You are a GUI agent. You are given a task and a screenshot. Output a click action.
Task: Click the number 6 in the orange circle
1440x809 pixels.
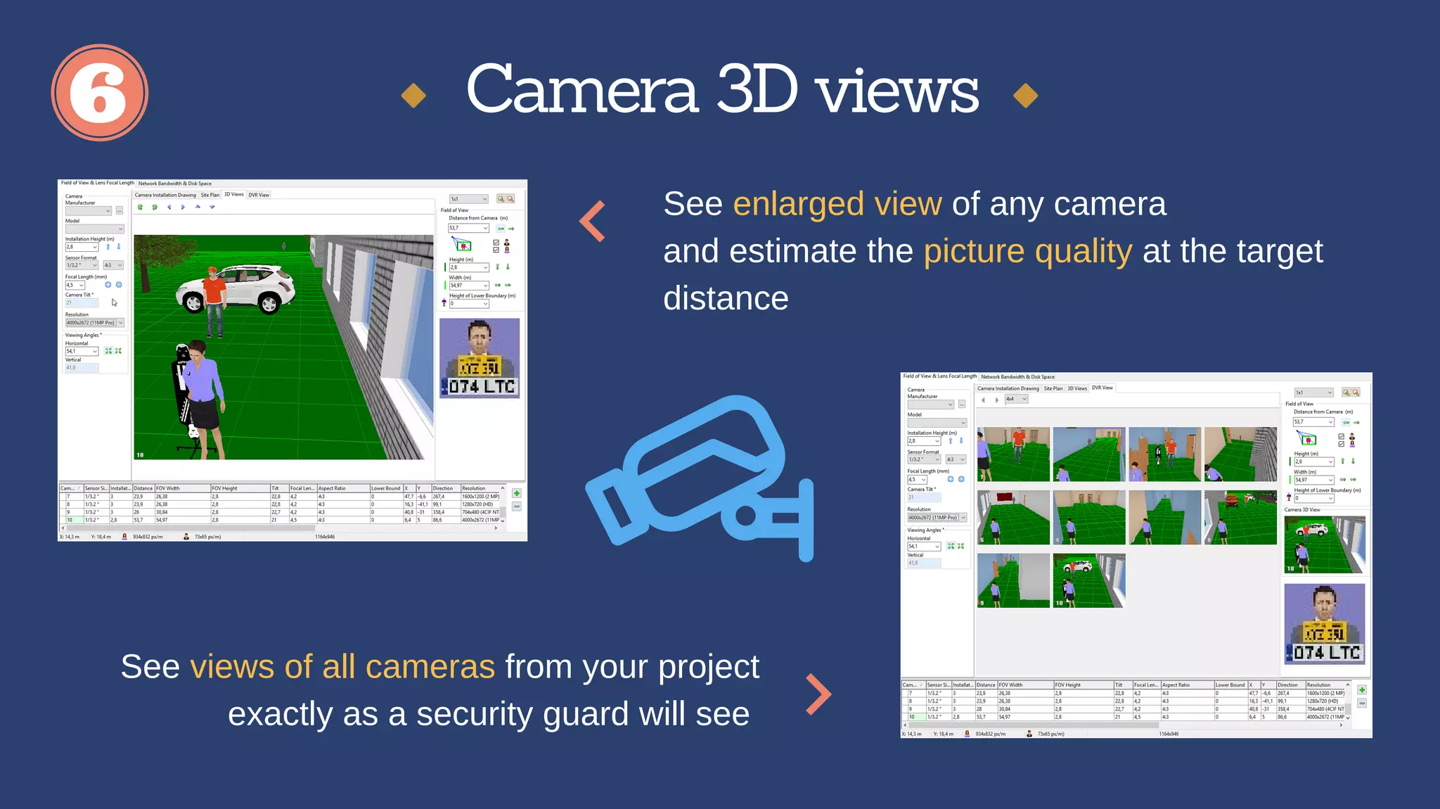(99, 93)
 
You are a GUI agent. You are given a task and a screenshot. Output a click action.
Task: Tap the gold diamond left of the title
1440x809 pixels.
(413, 96)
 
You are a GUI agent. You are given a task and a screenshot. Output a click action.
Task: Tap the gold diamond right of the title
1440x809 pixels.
(1026, 96)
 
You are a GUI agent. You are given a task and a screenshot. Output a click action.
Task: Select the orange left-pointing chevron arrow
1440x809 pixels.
(593, 222)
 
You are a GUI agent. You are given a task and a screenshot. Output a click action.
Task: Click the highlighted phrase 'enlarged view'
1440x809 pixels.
(837, 204)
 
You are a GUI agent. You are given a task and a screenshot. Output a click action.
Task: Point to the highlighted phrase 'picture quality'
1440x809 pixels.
(1028, 251)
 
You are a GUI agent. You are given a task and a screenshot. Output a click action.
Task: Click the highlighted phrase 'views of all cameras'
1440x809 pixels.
(342, 666)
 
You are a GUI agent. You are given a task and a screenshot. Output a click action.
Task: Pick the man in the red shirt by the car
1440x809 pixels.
(214, 300)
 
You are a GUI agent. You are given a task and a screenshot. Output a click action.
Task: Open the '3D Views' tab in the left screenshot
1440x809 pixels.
(233, 195)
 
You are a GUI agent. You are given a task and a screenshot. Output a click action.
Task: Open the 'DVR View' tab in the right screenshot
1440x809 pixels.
(1102, 388)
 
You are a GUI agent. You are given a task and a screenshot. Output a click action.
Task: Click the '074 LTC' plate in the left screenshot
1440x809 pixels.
(482, 387)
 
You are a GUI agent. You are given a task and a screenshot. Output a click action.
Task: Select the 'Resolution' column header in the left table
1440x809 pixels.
(473, 488)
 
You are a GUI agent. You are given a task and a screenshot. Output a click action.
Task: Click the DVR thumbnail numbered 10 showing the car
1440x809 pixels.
(1088, 580)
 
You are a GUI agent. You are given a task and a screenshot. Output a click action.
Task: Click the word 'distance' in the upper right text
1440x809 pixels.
(726, 298)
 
